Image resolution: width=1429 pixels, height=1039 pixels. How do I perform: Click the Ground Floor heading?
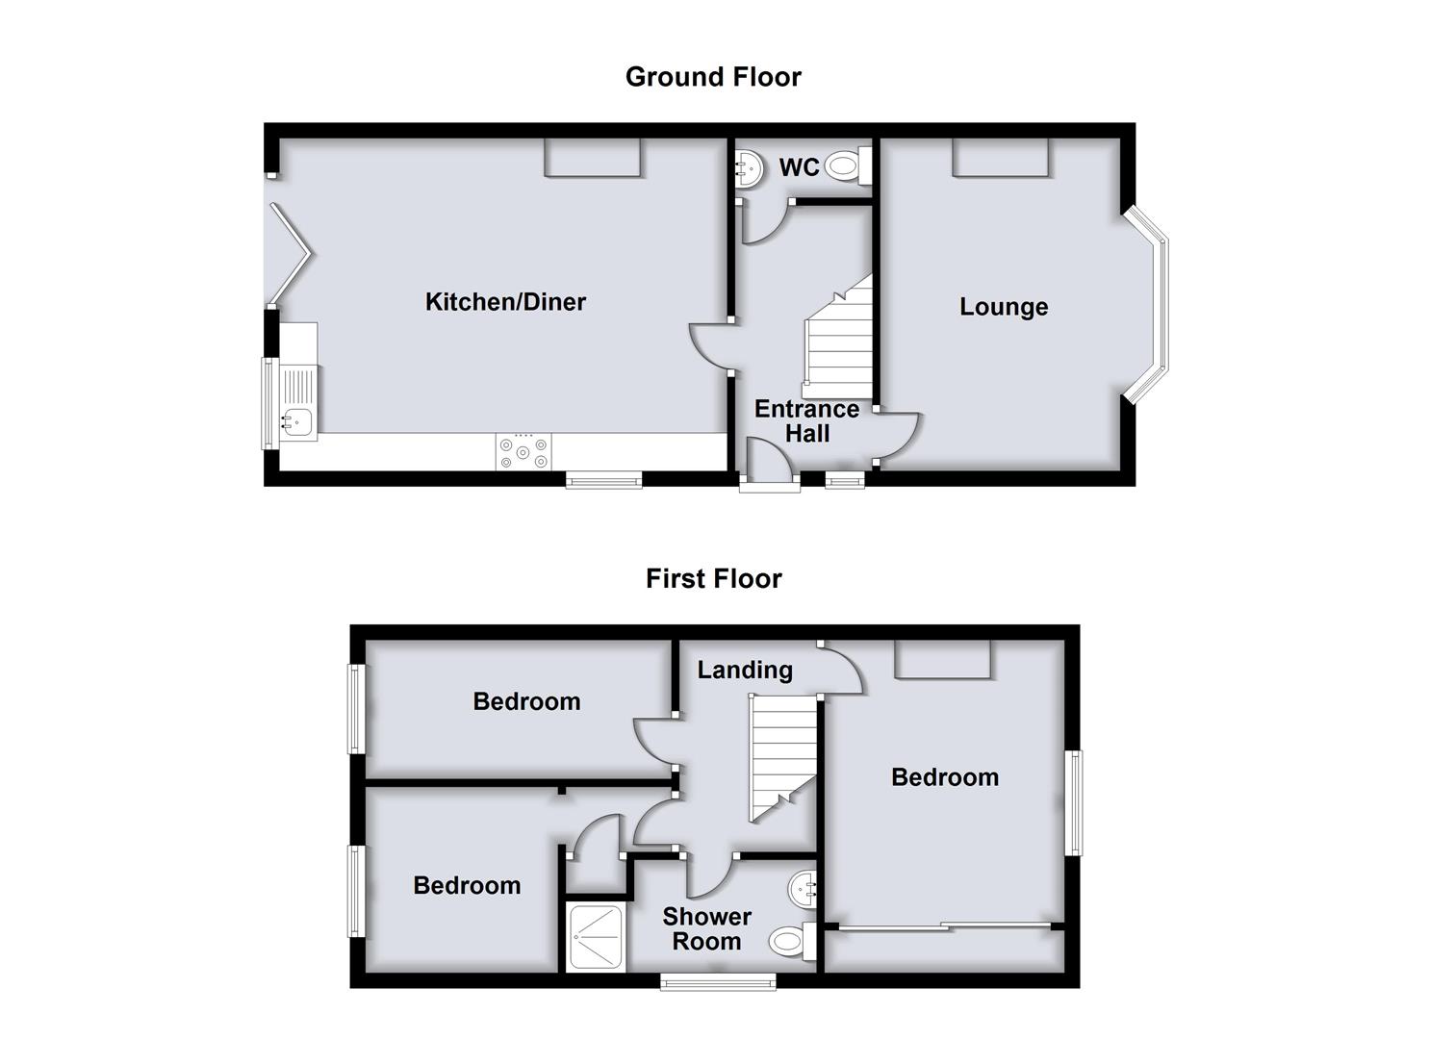coord(713,77)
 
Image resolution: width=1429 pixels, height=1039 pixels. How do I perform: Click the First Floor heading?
coord(713,579)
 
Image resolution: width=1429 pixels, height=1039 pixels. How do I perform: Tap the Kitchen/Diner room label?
coord(505,302)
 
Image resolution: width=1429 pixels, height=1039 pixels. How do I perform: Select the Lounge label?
coord(1004,308)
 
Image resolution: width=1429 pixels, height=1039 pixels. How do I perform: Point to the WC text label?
coord(799,167)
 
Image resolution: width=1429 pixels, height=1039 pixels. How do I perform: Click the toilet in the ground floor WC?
coord(848,165)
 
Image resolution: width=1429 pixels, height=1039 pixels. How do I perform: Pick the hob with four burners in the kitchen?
coord(523,452)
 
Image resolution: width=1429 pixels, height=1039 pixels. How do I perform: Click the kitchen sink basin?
coord(297,421)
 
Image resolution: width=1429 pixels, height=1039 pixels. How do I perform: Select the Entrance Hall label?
coord(807,421)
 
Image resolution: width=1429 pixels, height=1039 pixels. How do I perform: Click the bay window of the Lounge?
coord(1146,305)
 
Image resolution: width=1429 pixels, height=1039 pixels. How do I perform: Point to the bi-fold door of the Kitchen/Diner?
coord(289,255)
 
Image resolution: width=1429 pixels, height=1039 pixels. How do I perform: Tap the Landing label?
coord(745,670)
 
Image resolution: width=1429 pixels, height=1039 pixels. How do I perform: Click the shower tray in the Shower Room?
coord(595,937)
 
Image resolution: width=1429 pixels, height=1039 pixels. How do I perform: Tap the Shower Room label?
coord(707,928)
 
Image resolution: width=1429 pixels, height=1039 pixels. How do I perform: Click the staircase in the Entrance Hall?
coord(837,337)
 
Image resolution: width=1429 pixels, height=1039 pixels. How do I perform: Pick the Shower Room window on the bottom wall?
coord(718,981)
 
